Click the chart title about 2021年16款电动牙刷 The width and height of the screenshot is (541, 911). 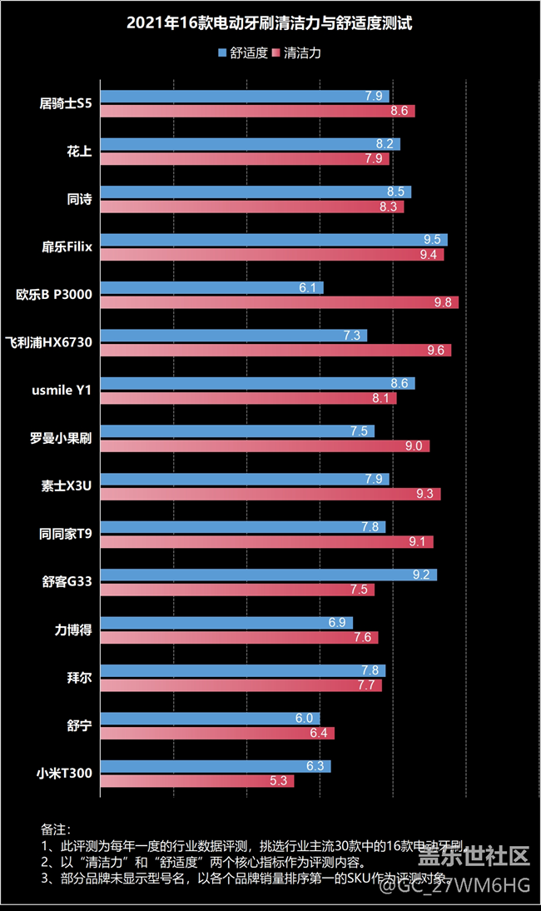pyautogui.click(x=270, y=24)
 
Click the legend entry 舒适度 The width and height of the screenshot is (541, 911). pyautogui.click(x=242, y=52)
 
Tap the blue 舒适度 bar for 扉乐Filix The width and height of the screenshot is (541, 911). pyautogui.click(x=274, y=240)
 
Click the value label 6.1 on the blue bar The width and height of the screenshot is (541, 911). pyautogui.click(x=306, y=288)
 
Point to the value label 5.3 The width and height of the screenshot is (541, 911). pyautogui.click(x=278, y=781)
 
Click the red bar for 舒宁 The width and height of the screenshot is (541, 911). pyautogui.click(x=217, y=733)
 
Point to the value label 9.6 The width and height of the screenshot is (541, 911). pyautogui.click(x=435, y=351)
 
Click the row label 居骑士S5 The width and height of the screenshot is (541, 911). pyautogui.click(x=66, y=103)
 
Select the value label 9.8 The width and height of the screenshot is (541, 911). pyautogui.click(x=442, y=302)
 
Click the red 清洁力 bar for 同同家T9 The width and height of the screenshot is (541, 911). pyautogui.click(x=266, y=542)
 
